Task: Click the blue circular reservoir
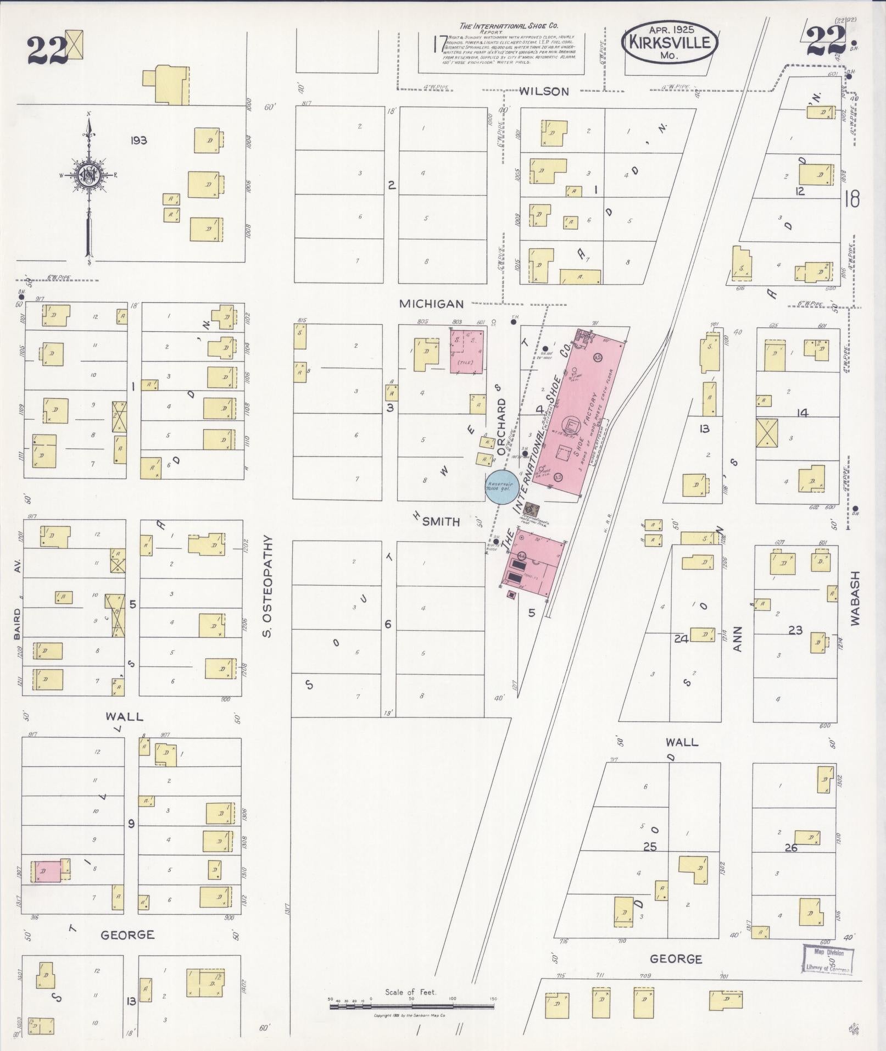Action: pyautogui.click(x=500, y=486)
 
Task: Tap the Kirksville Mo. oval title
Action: pyautogui.click(x=670, y=43)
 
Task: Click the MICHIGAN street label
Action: pyautogui.click(x=431, y=303)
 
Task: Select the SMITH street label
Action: pyautogui.click(x=441, y=522)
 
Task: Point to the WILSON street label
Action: pyautogui.click(x=544, y=91)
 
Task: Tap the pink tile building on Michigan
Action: pyautogui.click(x=466, y=352)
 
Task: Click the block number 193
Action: pyautogui.click(x=138, y=141)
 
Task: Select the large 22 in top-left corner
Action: pyautogui.click(x=46, y=49)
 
